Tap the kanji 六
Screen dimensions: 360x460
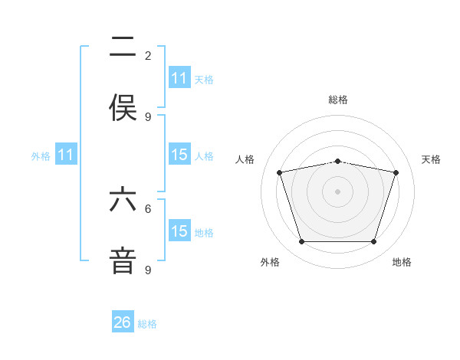click(x=123, y=200)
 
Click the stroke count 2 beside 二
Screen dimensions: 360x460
click(x=148, y=55)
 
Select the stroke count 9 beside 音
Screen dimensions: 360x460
click(x=148, y=270)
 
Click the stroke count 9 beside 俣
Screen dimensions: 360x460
click(x=148, y=116)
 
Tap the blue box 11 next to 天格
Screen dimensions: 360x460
click(x=179, y=78)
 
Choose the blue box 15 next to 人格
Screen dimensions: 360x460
click(x=179, y=155)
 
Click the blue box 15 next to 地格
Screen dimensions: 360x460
click(x=179, y=231)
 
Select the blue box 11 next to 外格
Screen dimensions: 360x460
click(x=66, y=155)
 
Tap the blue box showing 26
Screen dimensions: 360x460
click(x=123, y=322)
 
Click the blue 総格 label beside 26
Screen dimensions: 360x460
click(x=147, y=324)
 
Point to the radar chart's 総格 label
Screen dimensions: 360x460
click(x=337, y=100)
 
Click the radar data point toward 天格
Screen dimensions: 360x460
click(x=396, y=172)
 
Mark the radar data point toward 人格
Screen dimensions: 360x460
click(x=280, y=172)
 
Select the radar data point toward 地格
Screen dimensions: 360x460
click(x=373, y=241)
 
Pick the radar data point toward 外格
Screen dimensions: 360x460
click(x=302, y=241)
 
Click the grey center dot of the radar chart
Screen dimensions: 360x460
click(x=337, y=191)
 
